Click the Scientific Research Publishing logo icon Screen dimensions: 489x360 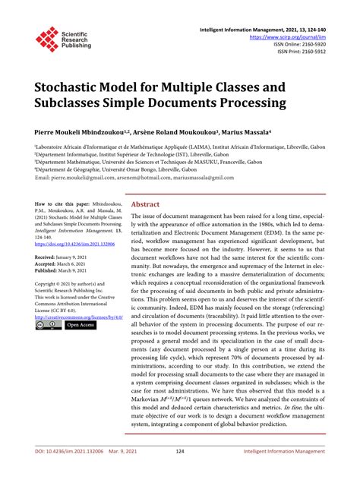[49, 39]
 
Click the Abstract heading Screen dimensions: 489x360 [146, 184]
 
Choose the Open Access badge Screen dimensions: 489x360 [81, 324]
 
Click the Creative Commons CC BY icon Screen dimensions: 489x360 [48, 324]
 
